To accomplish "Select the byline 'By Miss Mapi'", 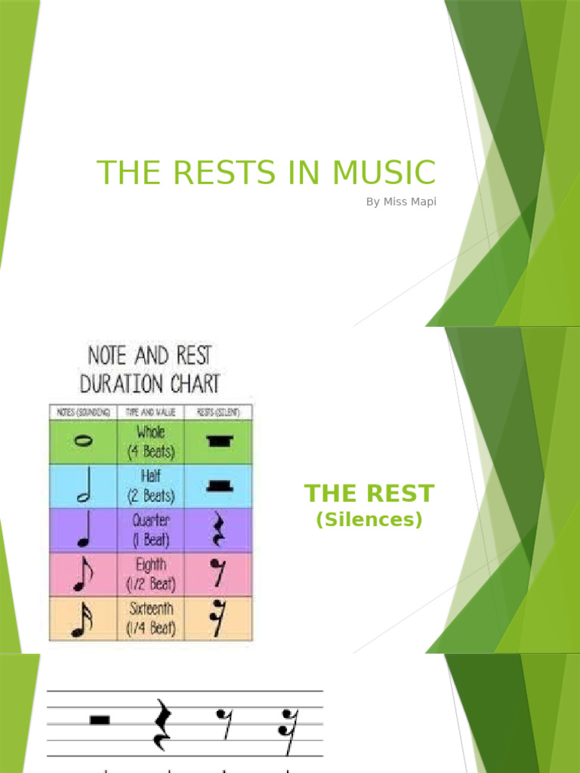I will point(401,202).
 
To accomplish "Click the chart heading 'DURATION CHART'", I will point(150,383).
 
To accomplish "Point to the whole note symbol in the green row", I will point(83,442).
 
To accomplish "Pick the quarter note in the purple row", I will point(83,531).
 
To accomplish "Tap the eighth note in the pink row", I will point(83,575).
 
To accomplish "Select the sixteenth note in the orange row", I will point(83,620).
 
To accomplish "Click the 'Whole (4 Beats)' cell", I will point(150,442).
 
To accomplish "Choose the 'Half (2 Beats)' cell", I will point(150,486).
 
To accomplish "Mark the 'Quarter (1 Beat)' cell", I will point(150,530).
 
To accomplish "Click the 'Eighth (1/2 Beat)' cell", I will point(150,574).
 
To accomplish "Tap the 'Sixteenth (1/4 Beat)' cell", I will point(150,618).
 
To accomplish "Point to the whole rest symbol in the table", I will point(219,442).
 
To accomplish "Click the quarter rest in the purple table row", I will point(219,530).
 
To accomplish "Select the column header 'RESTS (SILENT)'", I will point(219,412).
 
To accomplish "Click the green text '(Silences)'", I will point(369,520).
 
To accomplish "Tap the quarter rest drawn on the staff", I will point(161,725).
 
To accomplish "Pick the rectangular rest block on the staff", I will point(100,719).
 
